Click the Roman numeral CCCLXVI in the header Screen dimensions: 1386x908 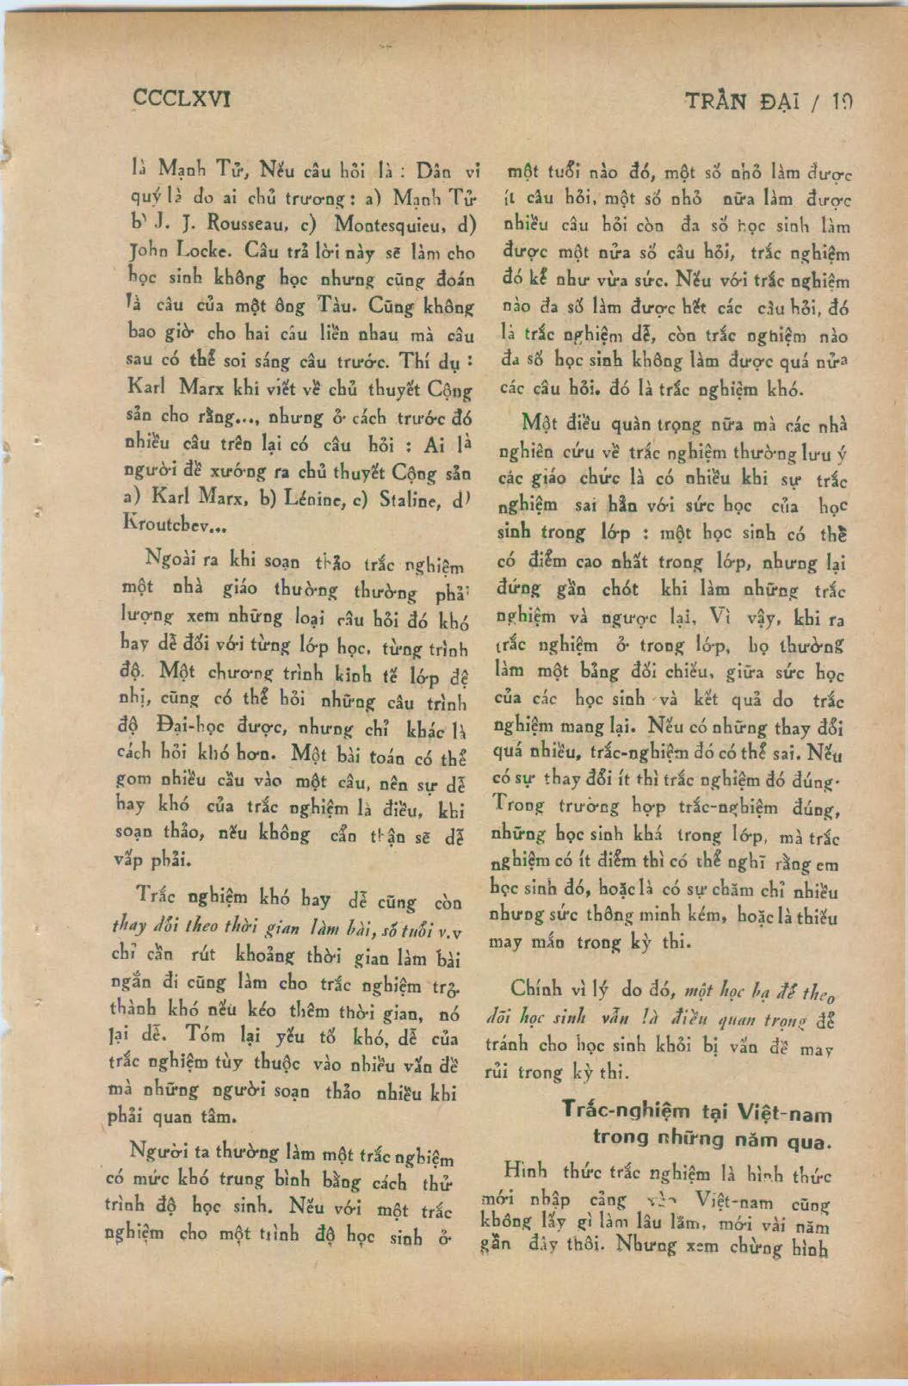(x=182, y=99)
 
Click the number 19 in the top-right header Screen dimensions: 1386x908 (x=840, y=102)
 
